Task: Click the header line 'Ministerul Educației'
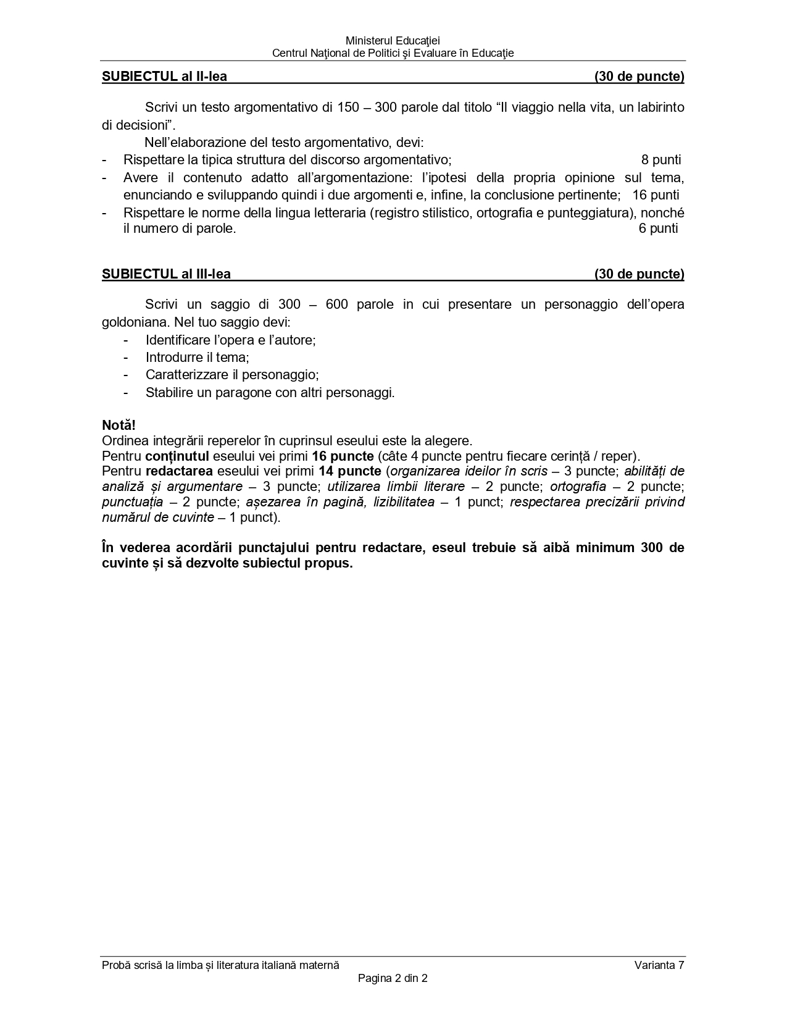393,41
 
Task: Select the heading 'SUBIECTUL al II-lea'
164,77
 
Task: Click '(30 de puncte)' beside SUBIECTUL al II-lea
639,77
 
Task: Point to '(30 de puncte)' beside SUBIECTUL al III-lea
639,274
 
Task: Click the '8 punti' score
660,160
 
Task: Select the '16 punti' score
656,195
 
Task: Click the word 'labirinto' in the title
659,107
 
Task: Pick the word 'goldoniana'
135,322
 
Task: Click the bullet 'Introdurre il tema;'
197,358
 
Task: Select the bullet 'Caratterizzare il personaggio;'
232,375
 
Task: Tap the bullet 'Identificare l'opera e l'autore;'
230,340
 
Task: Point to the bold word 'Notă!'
119,425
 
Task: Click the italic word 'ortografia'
578,487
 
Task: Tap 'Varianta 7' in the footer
659,966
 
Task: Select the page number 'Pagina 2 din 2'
393,978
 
